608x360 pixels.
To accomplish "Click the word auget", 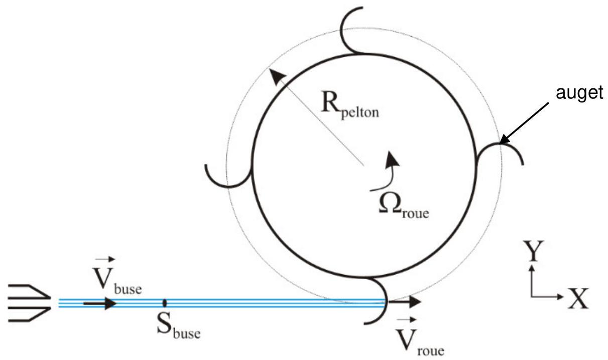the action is coord(579,93).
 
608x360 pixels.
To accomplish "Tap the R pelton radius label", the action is coord(350,105).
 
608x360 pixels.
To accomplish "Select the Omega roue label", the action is coord(404,206).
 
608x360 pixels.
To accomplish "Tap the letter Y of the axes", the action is coord(533,251).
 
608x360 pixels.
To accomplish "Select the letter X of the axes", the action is coord(578,299).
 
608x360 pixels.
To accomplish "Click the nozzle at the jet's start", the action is coord(29,303).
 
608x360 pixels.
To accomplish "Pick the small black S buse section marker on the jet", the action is coord(165,303).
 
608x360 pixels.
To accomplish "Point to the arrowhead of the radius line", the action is coord(277,77).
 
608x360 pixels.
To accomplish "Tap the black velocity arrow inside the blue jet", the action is coord(100,303).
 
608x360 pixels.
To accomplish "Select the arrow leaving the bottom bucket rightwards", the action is coord(405,302).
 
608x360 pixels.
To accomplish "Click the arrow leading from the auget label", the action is coord(524,123).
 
